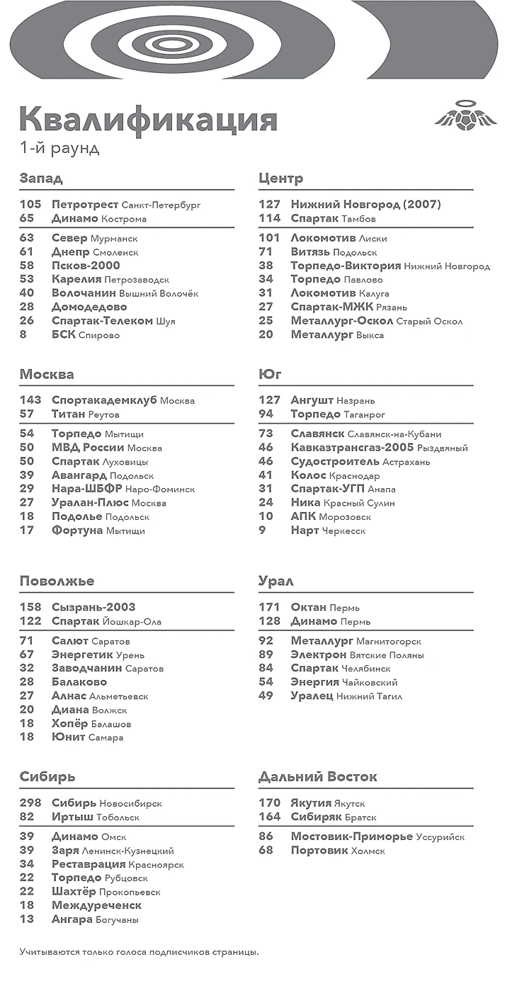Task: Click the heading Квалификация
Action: (148, 119)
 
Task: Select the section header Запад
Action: (41, 178)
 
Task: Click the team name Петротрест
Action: (85, 205)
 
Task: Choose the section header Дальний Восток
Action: (317, 776)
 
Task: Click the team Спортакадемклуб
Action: (104, 400)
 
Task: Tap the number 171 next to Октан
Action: (270, 607)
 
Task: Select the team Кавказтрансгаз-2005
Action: (352, 448)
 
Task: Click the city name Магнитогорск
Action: (388, 642)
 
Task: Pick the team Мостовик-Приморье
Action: (351, 837)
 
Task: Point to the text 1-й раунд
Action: (59, 149)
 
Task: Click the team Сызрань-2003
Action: (93, 607)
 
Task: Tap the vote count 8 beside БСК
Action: (23, 335)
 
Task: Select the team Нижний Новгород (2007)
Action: (365, 205)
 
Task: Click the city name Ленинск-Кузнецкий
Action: (127, 851)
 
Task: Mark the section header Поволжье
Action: (57, 581)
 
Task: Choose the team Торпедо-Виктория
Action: (345, 266)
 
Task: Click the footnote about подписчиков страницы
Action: (139, 951)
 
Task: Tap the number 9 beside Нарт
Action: (263, 531)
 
